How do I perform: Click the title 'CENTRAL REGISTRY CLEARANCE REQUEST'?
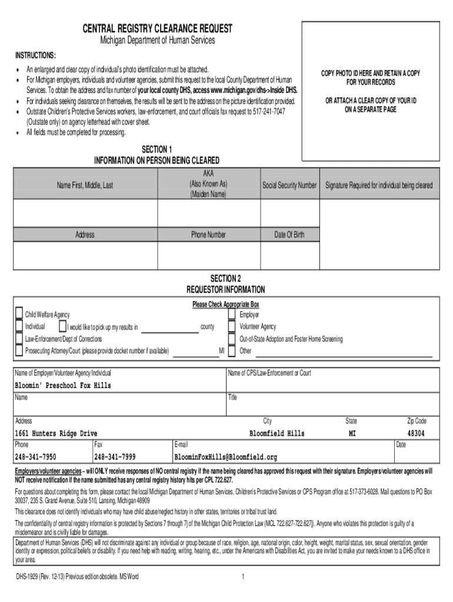156,28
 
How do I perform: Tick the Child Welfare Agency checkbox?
19,313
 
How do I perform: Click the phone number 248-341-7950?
36,457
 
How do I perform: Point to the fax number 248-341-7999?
115,457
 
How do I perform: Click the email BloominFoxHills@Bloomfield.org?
225,457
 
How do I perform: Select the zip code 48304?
416,433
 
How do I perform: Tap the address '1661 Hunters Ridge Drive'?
56,433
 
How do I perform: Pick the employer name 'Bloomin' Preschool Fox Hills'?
63,386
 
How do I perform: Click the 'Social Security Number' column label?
289,185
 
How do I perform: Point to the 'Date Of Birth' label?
289,235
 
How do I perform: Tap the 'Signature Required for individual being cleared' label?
379,185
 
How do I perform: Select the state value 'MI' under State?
351,433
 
